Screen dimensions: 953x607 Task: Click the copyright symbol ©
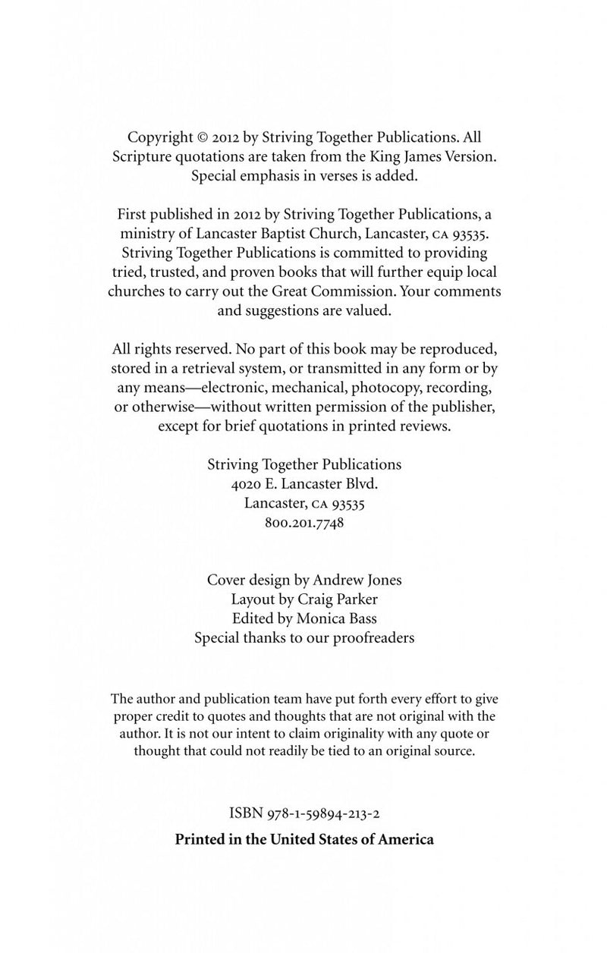pyautogui.click(x=203, y=138)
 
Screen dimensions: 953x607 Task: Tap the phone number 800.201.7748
pyautogui.click(x=303, y=523)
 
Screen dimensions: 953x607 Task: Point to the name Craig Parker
pyautogui.click(x=341, y=599)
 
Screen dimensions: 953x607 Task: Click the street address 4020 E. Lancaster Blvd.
pyautogui.click(x=303, y=483)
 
